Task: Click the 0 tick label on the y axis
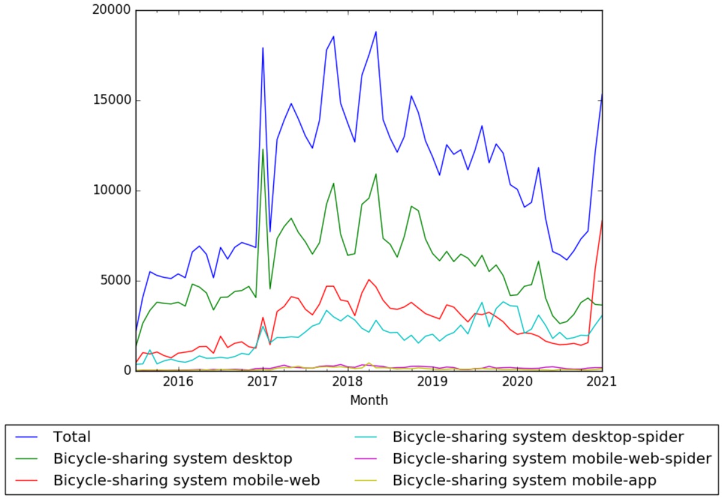pos(126,371)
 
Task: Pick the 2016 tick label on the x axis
pos(178,382)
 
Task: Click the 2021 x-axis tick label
pos(601,382)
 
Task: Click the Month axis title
pos(369,400)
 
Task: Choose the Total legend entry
pos(72,437)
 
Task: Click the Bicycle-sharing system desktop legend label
pos(173,459)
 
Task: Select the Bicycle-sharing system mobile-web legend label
pos(187,480)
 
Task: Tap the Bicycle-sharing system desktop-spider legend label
pos(537,437)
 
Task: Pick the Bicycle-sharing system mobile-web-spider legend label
pos(552,459)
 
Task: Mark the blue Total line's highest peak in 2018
pos(375,32)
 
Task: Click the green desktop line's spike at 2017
pos(263,150)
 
